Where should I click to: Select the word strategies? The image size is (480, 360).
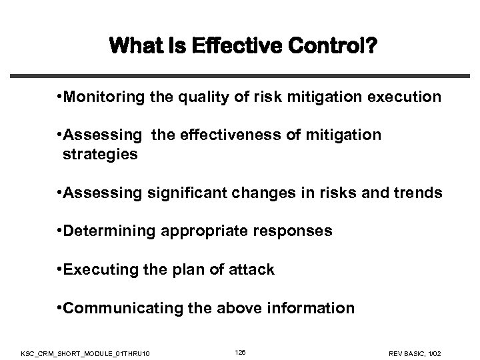[100, 155]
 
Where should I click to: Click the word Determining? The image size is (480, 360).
[106, 232]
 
